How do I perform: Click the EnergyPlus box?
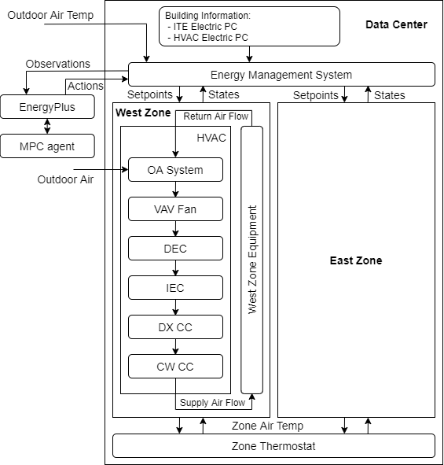[48, 105]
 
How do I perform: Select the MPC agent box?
[48, 146]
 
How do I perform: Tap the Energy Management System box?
[281, 75]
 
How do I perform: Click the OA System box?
[175, 170]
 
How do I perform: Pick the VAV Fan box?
[175, 209]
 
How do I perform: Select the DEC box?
[175, 249]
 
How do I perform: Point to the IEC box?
[175, 288]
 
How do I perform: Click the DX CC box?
[175, 327]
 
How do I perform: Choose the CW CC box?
[175, 367]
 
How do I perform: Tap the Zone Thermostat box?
[273, 446]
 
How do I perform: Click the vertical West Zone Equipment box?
[251, 260]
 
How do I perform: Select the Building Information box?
[250, 26]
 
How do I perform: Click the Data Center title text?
[396, 24]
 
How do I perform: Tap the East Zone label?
[356, 260]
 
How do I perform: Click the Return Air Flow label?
[215, 116]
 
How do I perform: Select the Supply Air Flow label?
[212, 403]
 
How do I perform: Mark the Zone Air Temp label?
[267, 426]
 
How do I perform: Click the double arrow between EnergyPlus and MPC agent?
[48, 126]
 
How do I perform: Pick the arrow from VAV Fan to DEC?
[175, 229]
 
